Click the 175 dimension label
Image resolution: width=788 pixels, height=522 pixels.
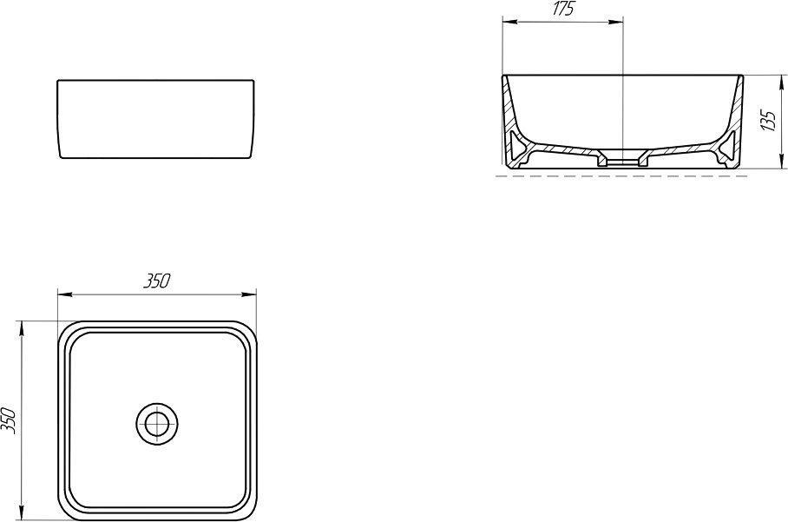pos(563,10)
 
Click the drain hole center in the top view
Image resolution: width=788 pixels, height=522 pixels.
pos(157,424)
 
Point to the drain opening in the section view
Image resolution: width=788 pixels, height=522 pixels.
pos(623,162)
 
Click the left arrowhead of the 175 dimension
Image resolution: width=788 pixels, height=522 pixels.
pos(509,22)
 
